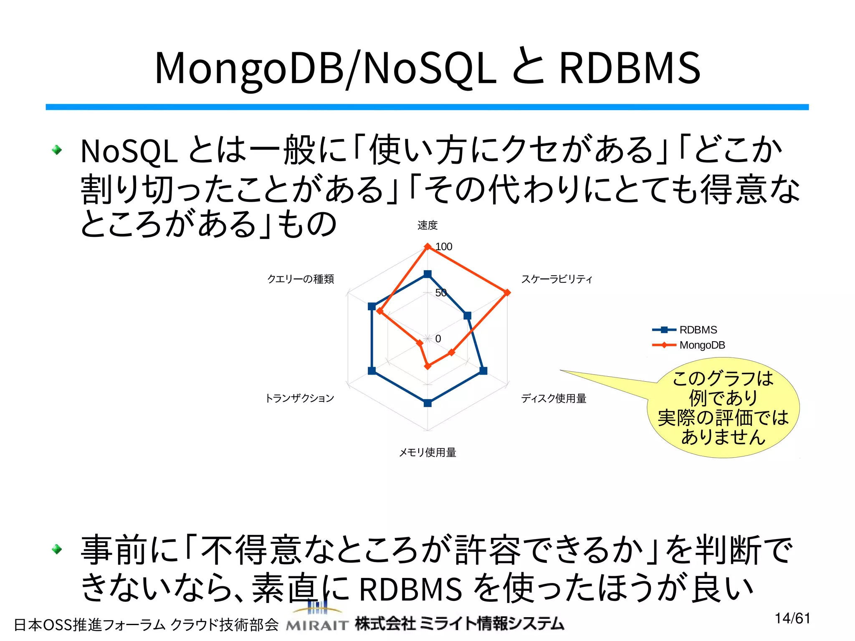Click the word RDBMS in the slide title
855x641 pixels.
tap(630, 68)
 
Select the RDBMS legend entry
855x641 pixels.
tap(698, 330)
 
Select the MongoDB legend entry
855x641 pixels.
tap(702, 345)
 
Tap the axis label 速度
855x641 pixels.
tap(427, 225)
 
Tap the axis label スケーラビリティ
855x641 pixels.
tap(557, 279)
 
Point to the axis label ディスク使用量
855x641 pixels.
tap(554, 398)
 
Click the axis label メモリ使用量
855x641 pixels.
tap(427, 452)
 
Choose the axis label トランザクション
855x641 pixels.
tap(300, 398)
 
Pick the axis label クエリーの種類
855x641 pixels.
tap(301, 279)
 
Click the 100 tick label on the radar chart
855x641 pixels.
tap(444, 247)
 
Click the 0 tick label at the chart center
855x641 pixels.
tap(438, 339)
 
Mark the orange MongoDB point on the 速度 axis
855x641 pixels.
tap(427, 247)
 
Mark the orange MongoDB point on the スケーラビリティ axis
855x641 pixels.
tap(507, 293)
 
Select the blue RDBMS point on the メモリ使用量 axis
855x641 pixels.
tap(427, 403)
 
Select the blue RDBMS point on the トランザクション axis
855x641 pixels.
tap(372, 370)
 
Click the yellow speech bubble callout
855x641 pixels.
tap(723, 408)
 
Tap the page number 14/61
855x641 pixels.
tap(792, 618)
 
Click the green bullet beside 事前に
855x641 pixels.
tap(57, 549)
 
